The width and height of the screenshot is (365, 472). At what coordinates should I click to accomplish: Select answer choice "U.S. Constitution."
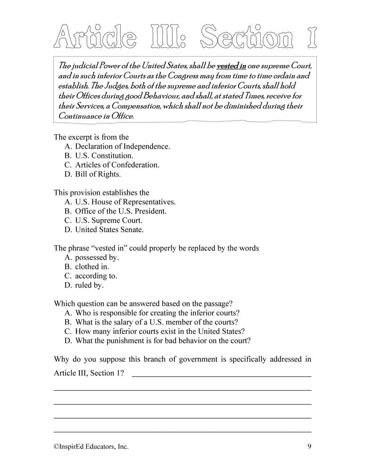point(104,155)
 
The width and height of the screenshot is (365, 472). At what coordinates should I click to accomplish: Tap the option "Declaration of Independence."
point(123,146)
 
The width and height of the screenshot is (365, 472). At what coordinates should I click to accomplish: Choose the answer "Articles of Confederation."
point(117,165)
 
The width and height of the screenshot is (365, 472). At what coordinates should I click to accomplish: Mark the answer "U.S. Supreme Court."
point(109,220)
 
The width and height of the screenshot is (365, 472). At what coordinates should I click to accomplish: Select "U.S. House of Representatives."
point(125,202)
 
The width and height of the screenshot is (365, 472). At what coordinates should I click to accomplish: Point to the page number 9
point(308,446)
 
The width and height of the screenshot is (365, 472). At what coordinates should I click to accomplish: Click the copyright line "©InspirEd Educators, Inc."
point(91,446)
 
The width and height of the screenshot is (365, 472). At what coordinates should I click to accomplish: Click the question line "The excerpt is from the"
point(91,137)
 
